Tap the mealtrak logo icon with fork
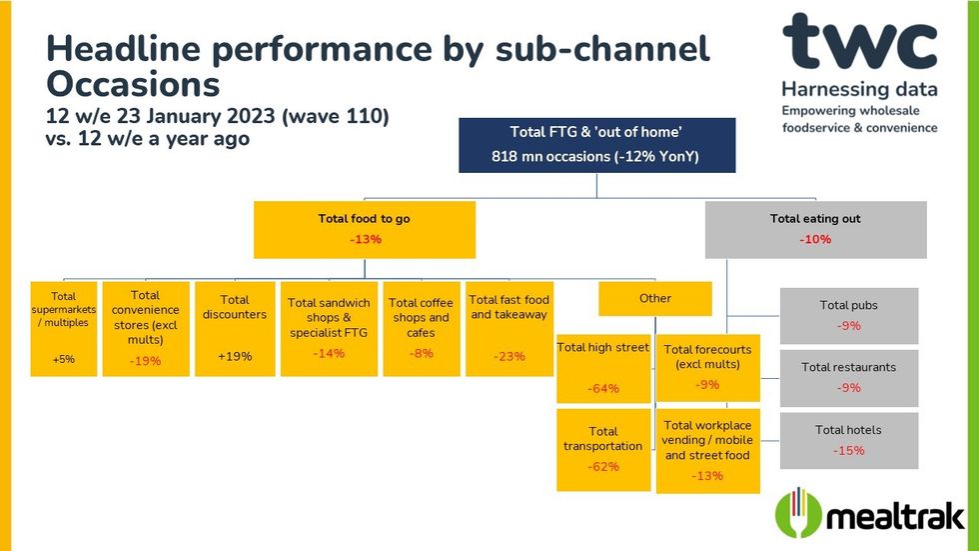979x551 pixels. (x=799, y=514)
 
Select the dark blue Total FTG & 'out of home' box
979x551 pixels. (x=597, y=145)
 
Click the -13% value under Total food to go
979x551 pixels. (x=365, y=240)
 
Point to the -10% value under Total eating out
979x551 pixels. (x=815, y=239)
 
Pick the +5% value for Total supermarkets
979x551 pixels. (x=64, y=357)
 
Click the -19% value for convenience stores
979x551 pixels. (x=145, y=361)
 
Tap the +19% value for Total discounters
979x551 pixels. (x=235, y=356)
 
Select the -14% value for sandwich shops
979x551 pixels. (x=329, y=353)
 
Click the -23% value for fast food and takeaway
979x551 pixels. (x=508, y=356)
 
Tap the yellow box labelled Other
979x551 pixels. (x=655, y=298)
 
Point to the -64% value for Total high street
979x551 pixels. (x=602, y=388)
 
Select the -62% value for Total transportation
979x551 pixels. (x=602, y=466)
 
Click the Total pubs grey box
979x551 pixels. (x=848, y=315)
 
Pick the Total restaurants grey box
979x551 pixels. (x=848, y=376)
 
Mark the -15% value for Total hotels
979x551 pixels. (x=848, y=450)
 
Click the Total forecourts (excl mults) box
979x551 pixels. (x=707, y=366)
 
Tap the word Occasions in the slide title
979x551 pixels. (x=135, y=81)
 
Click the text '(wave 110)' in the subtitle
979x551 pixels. (x=336, y=117)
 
